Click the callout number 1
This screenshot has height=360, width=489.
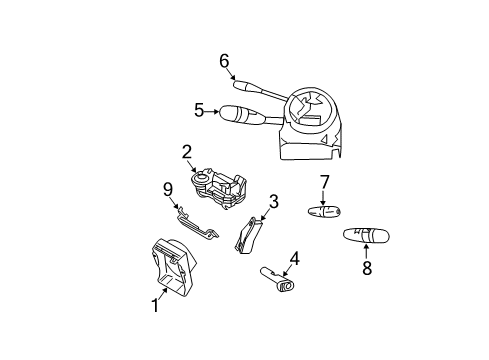tap(155, 306)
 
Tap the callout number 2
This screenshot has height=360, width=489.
tap(187, 152)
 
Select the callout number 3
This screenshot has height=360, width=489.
tap(272, 201)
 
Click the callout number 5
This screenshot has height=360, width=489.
tap(199, 110)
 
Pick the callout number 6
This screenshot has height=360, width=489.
tap(224, 60)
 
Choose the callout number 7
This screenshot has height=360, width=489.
tap(324, 182)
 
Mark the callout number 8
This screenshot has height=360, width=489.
tap(366, 267)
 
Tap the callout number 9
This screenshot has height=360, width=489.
tap(168, 188)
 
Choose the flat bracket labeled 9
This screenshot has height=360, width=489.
tap(194, 225)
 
